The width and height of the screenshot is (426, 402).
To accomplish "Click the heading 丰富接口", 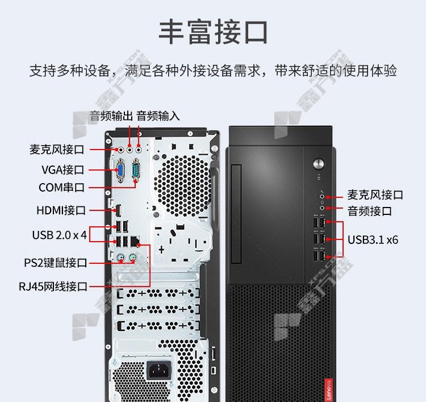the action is (214, 32).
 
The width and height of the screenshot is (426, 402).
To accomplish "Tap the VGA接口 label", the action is (62, 169).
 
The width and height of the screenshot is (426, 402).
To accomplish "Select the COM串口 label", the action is (62, 188).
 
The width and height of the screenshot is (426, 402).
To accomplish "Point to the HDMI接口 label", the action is (61, 210).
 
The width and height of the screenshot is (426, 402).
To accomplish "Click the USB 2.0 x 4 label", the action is (60, 235).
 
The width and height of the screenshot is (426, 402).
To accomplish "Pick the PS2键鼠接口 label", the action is (56, 263).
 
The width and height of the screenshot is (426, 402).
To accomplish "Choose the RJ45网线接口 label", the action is (53, 287).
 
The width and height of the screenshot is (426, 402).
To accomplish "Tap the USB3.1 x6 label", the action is (373, 240).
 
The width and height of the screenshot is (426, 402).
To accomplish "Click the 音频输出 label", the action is (111, 116).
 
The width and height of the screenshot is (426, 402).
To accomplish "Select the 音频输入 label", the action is (158, 116).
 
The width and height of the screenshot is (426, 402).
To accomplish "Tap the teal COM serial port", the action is (136, 170).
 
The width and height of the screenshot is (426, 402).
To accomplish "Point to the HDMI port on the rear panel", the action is (118, 210).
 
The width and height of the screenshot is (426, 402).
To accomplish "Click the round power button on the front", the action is (319, 164).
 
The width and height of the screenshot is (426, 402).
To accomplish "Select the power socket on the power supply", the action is (159, 371).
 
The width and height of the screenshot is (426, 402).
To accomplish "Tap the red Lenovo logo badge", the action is (328, 389).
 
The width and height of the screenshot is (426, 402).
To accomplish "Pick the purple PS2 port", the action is (133, 258).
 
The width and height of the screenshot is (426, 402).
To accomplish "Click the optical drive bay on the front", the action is (236, 214).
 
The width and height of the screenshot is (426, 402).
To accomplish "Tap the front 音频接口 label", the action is (370, 211).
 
